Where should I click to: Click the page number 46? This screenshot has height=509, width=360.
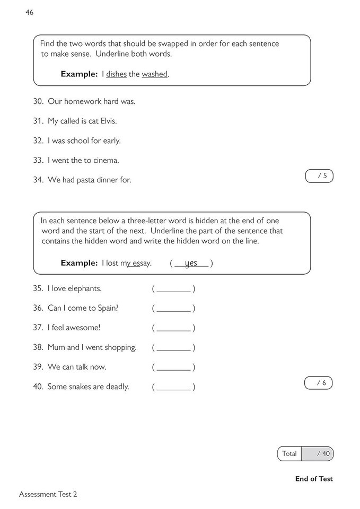[29, 12]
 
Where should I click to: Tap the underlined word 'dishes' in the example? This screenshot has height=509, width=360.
[116, 74]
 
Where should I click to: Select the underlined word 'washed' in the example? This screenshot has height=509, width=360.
[154, 74]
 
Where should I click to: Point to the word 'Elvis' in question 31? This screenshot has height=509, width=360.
[106, 121]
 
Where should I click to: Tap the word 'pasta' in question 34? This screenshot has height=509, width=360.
[86, 180]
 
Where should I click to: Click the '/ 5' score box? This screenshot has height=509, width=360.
[319, 176]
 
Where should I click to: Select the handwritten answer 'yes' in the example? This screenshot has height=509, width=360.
[191, 263]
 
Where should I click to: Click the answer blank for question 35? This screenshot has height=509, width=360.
[173, 289]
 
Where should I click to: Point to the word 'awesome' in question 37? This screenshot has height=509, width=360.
[83, 328]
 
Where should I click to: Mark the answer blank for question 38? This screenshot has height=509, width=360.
[173, 348]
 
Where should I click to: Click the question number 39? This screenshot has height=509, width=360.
[38, 367]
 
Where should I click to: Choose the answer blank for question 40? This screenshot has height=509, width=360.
[173, 387]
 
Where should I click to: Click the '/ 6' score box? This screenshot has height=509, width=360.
[319, 383]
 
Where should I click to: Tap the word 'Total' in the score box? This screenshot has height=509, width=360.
[289, 454]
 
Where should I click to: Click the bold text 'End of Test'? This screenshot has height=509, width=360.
[314, 479]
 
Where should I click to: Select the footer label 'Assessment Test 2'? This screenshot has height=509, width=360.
[48, 494]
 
